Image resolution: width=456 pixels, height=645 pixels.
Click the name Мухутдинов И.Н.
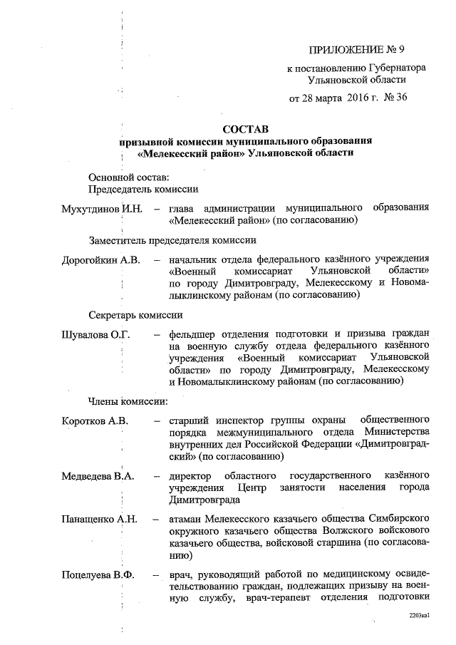[103, 209]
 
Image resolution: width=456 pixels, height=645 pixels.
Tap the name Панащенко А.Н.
[99, 520]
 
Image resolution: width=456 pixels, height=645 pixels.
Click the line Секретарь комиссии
[135, 314]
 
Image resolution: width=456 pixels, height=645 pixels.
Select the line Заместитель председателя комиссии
[172, 240]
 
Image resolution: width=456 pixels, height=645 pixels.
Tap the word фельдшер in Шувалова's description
[191, 334]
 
